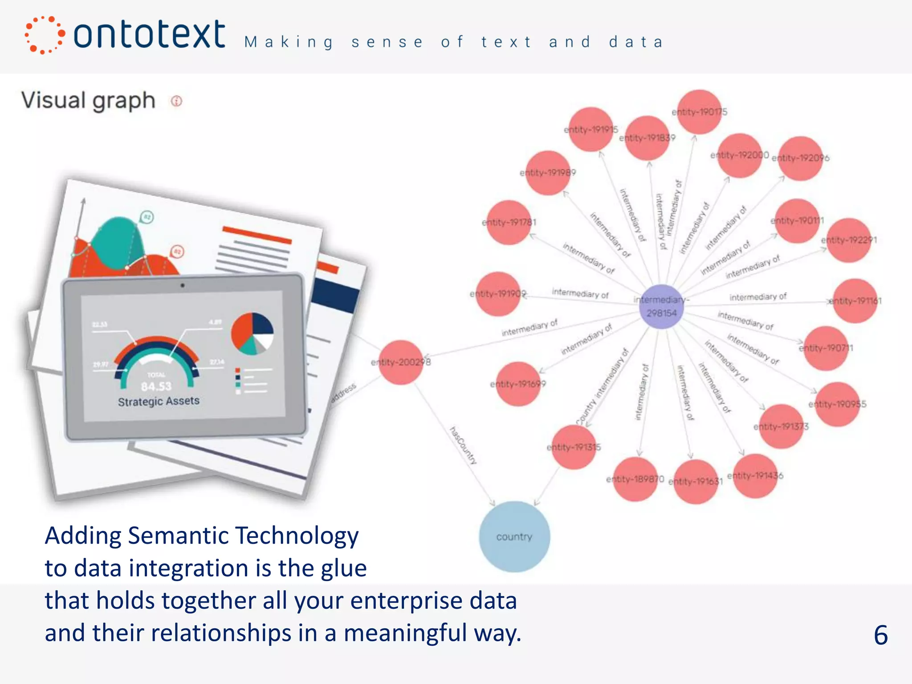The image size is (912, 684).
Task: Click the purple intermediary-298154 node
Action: pos(661,306)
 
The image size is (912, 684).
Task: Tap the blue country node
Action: pos(514,537)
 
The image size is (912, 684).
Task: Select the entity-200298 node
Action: pos(401,362)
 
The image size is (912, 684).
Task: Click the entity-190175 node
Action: pos(700,112)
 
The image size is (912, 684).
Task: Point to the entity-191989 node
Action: pos(548,173)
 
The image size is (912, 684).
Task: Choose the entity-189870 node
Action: pos(635,479)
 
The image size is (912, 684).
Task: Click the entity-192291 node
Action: pos(849,240)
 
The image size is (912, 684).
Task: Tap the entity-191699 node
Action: pos(518,384)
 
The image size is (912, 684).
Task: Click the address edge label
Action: pos(343,393)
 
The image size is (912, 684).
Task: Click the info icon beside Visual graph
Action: pos(177,101)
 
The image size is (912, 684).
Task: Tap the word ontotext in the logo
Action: pos(149,34)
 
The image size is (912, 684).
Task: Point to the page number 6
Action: pos(880,635)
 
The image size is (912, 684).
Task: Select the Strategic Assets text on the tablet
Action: pos(159,401)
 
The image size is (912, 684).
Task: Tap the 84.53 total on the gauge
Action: pos(156,386)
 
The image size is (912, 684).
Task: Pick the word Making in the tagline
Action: pos(289,42)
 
